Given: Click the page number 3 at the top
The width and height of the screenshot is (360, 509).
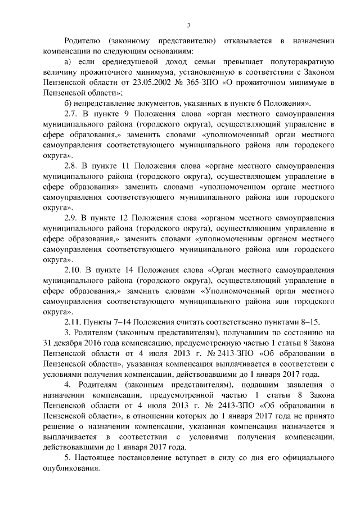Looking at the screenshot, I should [x=189, y=25].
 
